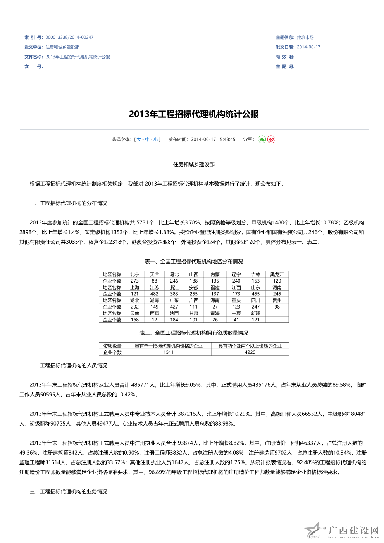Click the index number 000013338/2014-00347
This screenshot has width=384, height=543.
pos(69,37)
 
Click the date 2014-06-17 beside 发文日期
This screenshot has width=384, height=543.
pos(308,47)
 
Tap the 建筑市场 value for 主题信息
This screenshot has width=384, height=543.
pos(305,37)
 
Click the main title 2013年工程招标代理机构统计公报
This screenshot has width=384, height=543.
pos(194,114)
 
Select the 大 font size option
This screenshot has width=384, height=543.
pos(139,140)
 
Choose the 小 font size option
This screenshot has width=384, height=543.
pos(155,140)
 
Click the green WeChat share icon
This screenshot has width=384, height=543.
pos(262,140)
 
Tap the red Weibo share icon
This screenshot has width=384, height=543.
pos(271,140)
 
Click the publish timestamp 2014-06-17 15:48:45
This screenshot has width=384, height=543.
pos(213,140)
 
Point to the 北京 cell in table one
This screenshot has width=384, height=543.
pos(134,274)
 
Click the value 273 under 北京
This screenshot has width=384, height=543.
pos(134,281)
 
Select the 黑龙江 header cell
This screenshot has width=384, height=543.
pos(277,274)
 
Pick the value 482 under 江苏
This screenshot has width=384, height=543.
pos(154,294)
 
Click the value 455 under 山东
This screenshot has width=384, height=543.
pos(256,294)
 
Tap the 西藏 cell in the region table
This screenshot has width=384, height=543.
pos(154,313)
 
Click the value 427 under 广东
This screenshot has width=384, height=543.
pos(174,307)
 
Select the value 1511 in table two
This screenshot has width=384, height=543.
pos(169,352)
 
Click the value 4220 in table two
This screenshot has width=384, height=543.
pos(250,352)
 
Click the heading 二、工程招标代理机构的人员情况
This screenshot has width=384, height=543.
pos(68,365)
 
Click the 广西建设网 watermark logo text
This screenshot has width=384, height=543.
pos(353,530)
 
